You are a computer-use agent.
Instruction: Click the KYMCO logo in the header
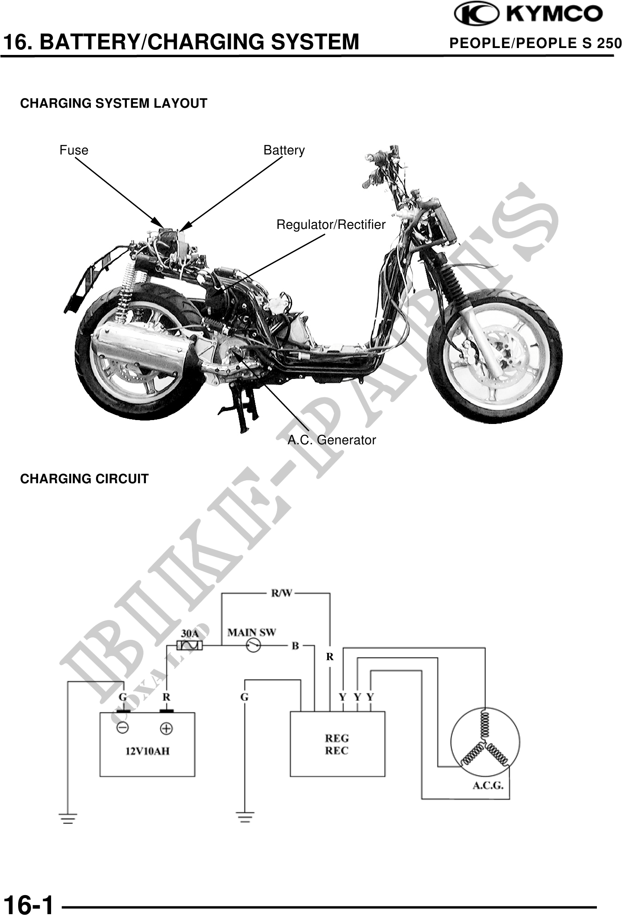click(528, 14)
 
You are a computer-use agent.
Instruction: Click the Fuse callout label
click(74, 150)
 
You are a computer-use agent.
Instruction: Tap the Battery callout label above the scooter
click(284, 150)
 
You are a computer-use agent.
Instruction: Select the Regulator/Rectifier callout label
click(331, 225)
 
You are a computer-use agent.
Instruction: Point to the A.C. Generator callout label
click(332, 440)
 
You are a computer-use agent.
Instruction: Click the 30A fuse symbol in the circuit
click(190, 645)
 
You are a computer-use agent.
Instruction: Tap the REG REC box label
click(337, 744)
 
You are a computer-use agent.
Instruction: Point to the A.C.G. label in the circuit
click(487, 786)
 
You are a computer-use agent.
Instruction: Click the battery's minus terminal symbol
click(122, 728)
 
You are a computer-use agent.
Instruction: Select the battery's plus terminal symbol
click(166, 728)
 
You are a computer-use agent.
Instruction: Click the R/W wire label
click(281, 593)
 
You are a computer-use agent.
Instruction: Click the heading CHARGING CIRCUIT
click(84, 479)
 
